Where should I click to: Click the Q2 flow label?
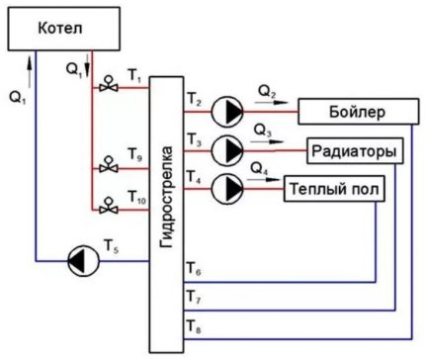[x=267, y=90]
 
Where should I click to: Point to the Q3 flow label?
[x=264, y=131]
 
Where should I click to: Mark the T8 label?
[x=194, y=323]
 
